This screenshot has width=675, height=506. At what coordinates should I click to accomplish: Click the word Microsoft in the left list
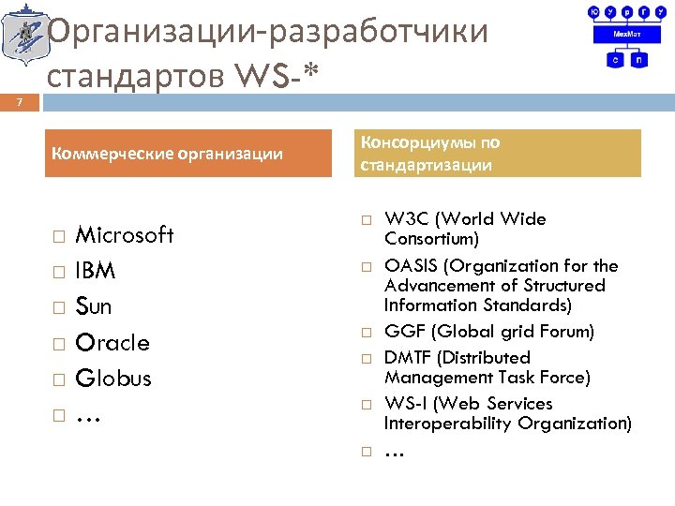(124, 235)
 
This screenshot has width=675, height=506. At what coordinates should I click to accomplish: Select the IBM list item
(96, 271)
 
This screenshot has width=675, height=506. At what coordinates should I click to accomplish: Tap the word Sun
(94, 307)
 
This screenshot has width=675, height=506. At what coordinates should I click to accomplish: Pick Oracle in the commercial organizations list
(112, 343)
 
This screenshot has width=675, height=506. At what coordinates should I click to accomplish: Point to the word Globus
(113, 379)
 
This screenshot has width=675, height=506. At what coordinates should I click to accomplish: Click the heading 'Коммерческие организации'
(168, 154)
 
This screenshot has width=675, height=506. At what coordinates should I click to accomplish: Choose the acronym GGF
(404, 332)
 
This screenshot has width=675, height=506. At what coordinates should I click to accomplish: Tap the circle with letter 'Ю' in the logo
(593, 12)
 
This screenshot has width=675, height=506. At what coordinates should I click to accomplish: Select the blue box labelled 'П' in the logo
(638, 59)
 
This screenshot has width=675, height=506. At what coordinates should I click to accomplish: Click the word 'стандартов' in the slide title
(131, 73)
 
